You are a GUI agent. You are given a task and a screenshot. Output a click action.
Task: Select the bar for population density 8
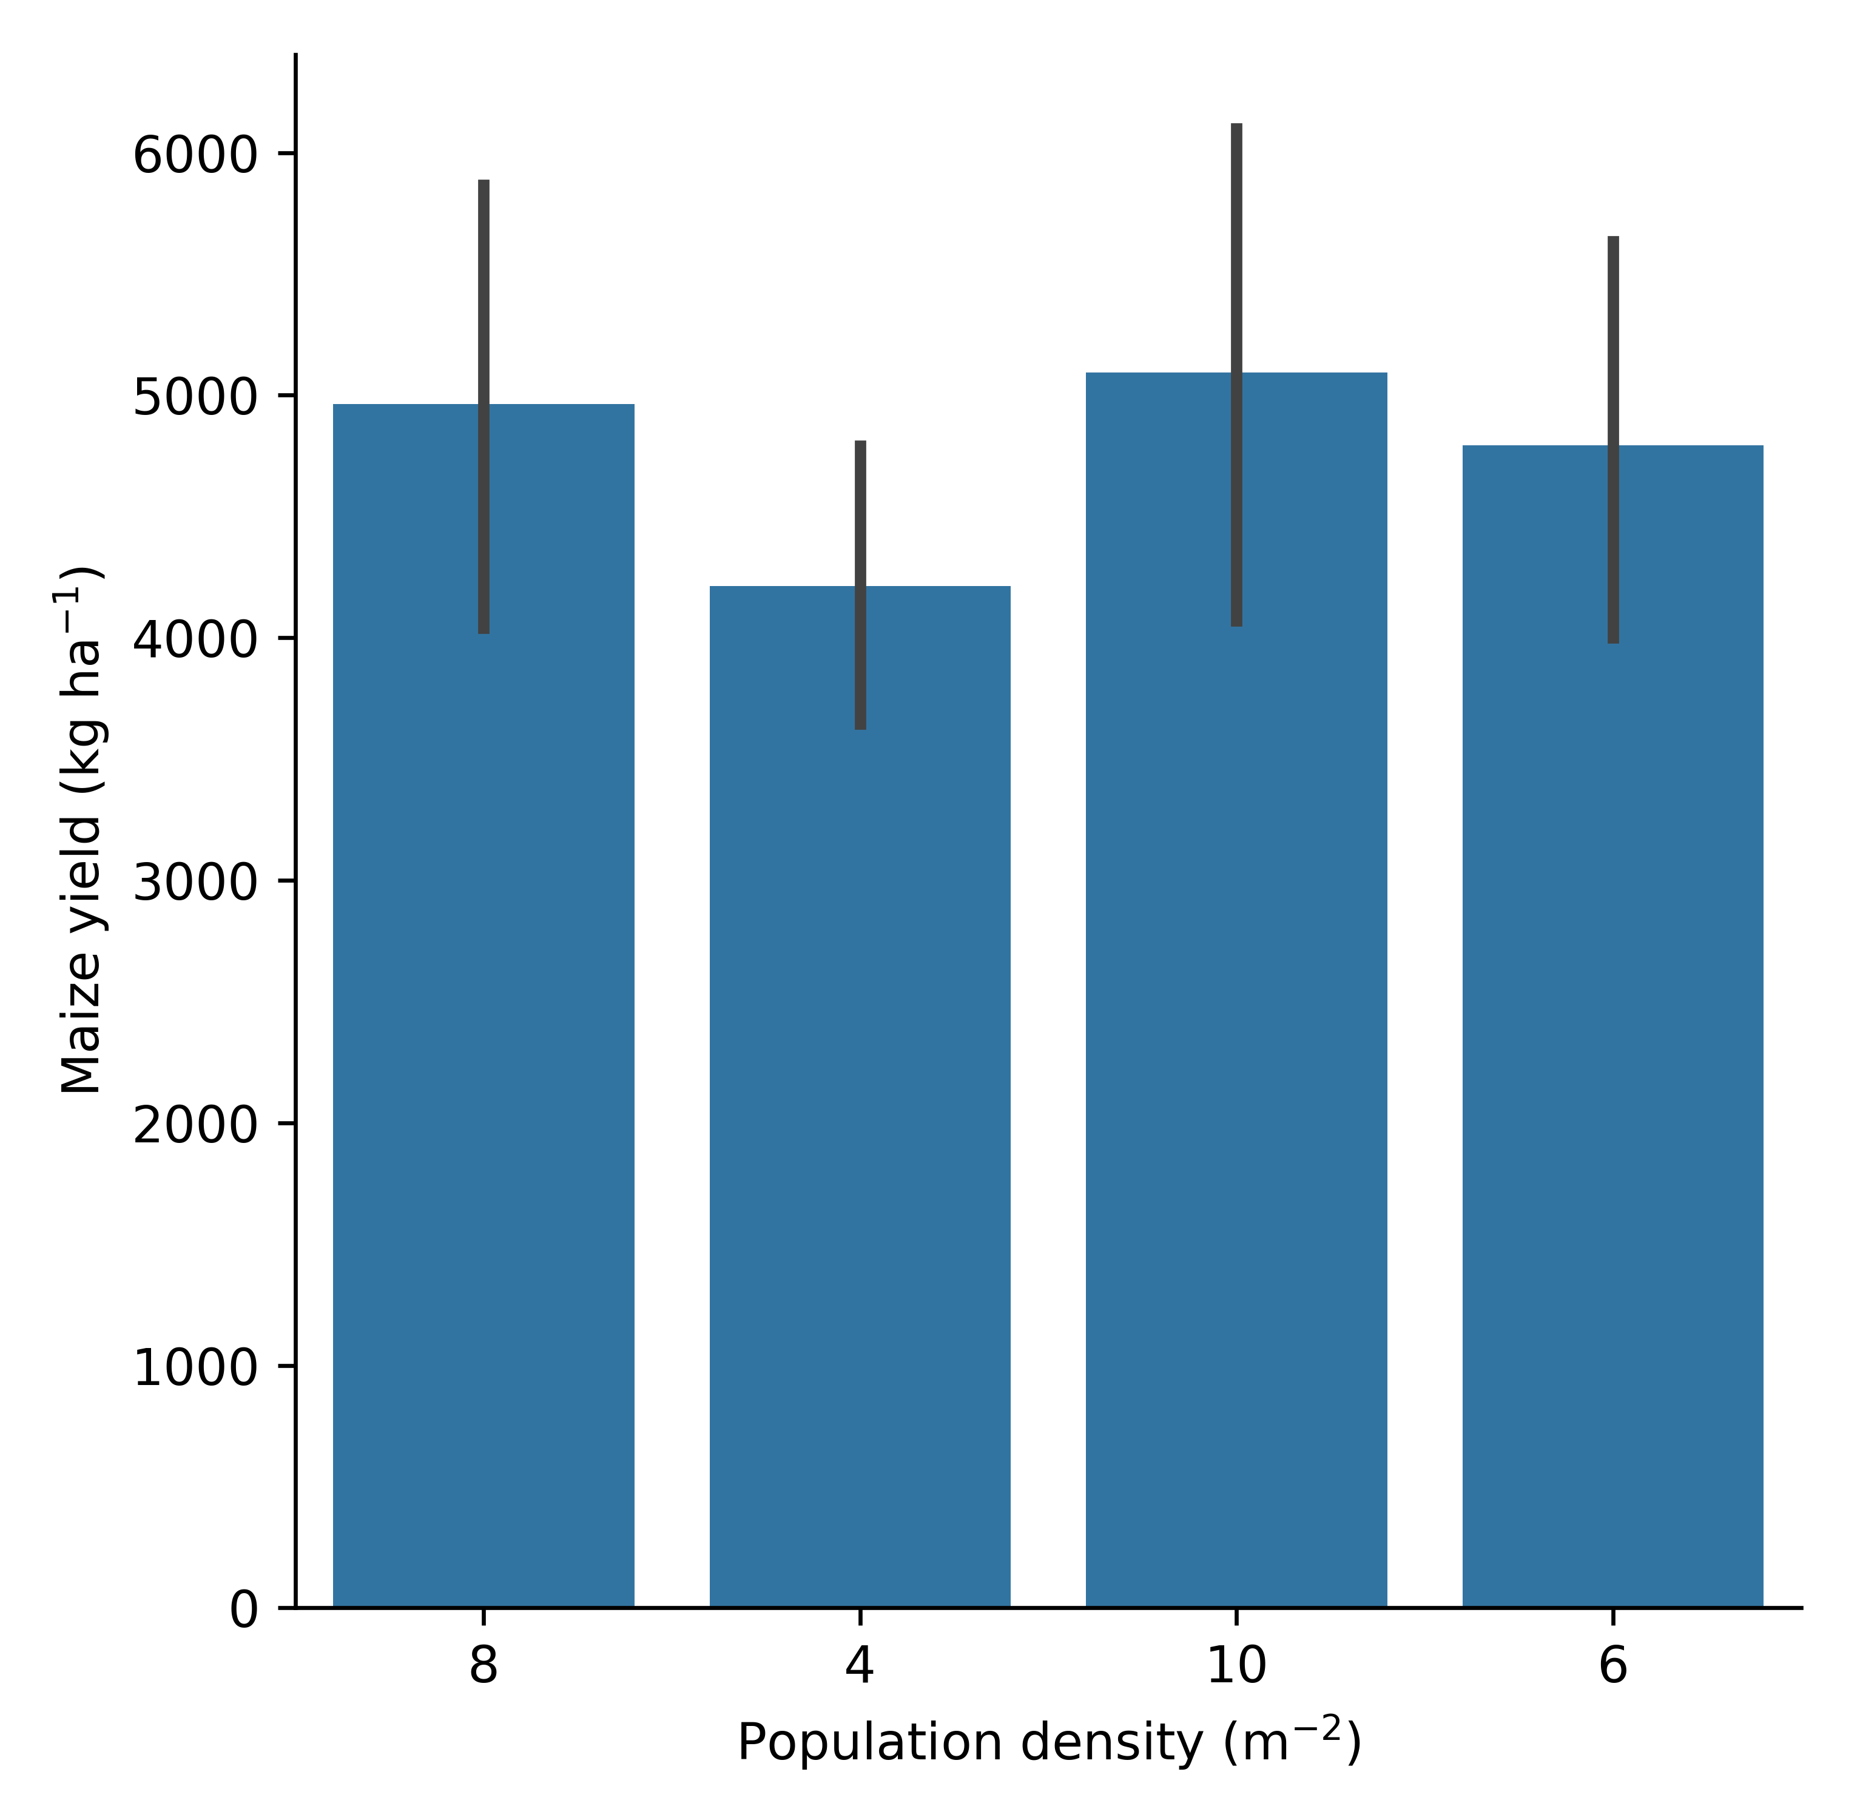483,1051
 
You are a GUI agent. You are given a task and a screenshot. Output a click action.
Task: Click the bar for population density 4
859,1147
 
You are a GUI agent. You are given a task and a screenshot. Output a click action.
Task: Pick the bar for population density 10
1236,1051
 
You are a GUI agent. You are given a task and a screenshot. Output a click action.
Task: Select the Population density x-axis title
1048,1742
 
